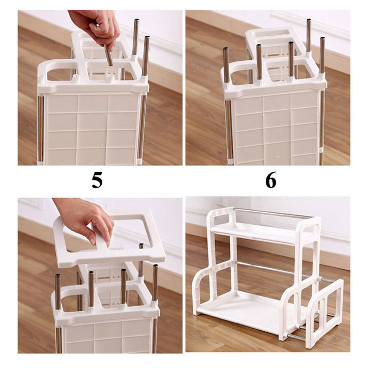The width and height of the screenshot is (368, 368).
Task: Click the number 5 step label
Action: pyautogui.click(x=97, y=180)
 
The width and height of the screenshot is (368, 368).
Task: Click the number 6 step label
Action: pyautogui.click(x=271, y=180)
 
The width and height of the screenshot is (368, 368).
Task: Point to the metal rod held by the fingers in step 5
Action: pyautogui.click(x=109, y=56)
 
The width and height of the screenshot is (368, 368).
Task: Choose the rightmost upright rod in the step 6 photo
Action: pyautogui.click(x=323, y=54)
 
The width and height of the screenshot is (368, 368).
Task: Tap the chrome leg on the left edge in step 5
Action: pyautogui.click(x=40, y=128)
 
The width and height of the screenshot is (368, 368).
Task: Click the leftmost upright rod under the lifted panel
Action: pyautogui.click(x=58, y=291)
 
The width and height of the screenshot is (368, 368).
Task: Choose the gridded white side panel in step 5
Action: pyautogui.click(x=92, y=128)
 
